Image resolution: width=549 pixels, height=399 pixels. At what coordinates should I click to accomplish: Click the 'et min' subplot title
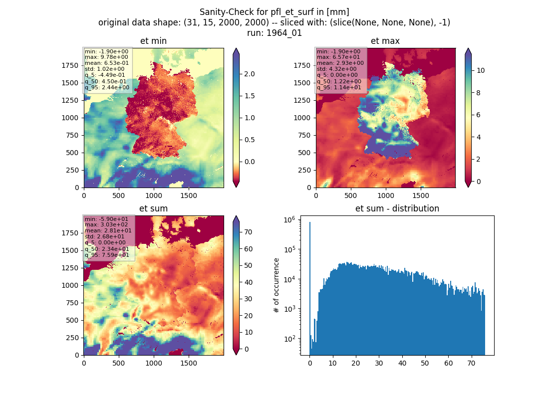coord(153,41)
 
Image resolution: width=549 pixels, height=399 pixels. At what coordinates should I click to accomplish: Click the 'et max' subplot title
coord(385,41)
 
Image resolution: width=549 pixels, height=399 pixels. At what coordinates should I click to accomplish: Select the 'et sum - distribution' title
coord(397,208)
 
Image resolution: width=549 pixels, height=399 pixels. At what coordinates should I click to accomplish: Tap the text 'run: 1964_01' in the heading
coord(274,33)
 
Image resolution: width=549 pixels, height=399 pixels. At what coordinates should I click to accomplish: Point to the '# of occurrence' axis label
coord(276,286)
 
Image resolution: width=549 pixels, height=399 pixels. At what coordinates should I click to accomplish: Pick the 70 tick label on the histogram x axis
coord(471,363)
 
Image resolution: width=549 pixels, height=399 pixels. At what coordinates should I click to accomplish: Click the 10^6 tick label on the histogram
coord(289,219)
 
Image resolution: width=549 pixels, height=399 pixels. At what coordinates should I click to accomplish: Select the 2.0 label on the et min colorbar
coord(249,74)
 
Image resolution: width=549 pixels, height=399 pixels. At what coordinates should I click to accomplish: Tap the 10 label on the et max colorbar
coord(481,70)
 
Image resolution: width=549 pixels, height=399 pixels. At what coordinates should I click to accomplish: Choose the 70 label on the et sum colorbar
coord(248,232)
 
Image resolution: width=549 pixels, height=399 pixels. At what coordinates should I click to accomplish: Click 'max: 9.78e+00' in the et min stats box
coord(106,57)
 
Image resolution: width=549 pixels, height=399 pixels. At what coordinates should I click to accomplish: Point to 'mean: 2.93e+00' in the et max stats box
coord(340,63)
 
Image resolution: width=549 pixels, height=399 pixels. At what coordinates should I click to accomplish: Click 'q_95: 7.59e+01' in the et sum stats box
coord(107,255)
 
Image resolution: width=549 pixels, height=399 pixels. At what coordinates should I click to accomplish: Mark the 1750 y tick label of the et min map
coord(70,65)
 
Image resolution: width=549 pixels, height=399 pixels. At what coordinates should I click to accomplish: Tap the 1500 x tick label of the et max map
coord(421,196)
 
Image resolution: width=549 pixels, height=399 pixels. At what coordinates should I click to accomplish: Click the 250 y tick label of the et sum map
coord(72,337)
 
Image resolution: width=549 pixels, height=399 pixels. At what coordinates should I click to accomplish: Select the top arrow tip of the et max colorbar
coord(468,49)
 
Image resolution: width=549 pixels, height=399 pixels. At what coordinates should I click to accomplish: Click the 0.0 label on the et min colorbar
coord(249,162)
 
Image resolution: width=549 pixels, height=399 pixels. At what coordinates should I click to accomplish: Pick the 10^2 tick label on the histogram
coord(289,339)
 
